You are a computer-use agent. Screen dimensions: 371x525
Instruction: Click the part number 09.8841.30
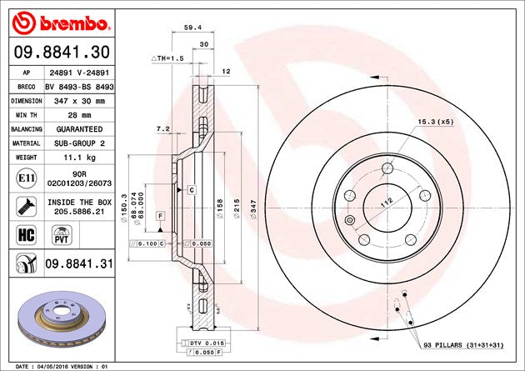click(58, 52)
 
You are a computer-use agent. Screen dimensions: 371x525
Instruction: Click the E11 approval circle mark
click(24, 177)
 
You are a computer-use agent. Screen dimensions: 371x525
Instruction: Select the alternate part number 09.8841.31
click(80, 265)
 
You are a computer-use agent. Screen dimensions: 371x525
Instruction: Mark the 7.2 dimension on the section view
click(163, 129)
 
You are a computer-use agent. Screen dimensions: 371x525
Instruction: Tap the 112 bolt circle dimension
click(386, 201)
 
